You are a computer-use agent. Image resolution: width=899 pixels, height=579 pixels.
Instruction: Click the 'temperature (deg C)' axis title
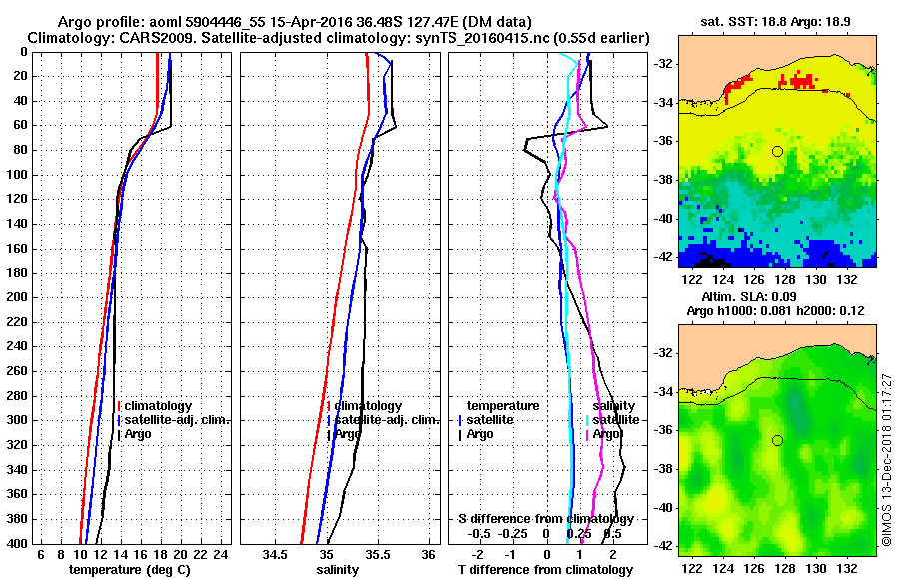pos(129,569)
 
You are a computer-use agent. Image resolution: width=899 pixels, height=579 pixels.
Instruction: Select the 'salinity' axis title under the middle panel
pos(337,569)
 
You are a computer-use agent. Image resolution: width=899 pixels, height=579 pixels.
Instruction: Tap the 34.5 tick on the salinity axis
pos(275,554)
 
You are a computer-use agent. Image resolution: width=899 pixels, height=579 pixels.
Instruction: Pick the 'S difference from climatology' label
pos(545,519)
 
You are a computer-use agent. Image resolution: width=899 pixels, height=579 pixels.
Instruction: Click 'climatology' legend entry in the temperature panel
pos(160,406)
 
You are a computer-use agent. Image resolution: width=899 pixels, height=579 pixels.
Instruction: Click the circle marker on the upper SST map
pos(777,151)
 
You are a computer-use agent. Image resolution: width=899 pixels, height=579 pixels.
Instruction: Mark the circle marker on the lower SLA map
pos(777,440)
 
